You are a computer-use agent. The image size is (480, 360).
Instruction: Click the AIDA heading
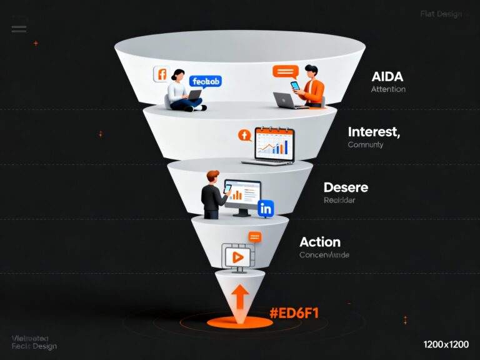[387, 77]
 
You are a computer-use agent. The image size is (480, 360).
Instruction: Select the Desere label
[346, 187]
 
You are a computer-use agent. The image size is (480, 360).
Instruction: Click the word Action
[320, 241]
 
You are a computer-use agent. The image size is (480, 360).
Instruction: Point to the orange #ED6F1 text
[294, 312]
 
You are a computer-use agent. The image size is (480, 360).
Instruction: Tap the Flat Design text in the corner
[441, 14]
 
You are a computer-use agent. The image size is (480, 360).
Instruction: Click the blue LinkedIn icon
[266, 209]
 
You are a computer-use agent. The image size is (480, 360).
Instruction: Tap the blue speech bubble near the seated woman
[205, 81]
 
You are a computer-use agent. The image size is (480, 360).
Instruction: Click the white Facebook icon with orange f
[161, 74]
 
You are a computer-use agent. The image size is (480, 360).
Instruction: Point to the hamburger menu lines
[19, 27]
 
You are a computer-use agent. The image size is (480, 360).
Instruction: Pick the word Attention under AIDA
[387, 89]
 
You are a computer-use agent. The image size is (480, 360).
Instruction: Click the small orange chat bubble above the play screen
[254, 236]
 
